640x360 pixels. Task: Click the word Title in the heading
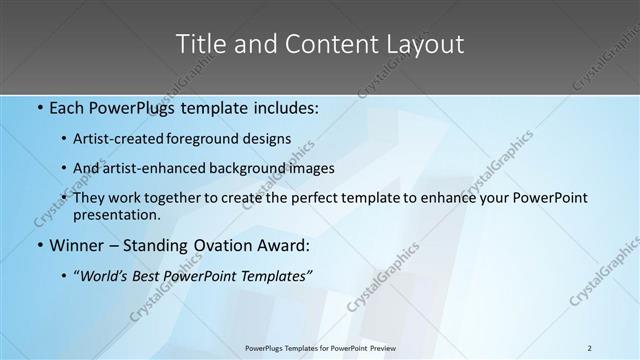point(201,45)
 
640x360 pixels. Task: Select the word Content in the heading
point(324,45)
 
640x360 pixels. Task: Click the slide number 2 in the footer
point(590,348)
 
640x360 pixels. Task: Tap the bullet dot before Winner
point(38,245)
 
